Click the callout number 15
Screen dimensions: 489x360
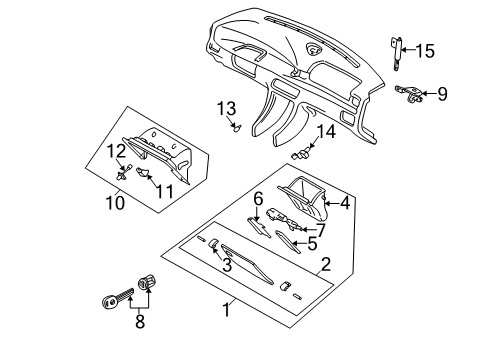tap(425, 51)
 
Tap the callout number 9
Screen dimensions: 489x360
tap(442, 94)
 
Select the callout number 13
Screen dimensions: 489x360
tap(226, 108)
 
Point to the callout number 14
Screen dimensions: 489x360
tap(326, 132)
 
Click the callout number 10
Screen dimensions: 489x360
tap(115, 202)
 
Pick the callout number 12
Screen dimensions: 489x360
tap(116, 151)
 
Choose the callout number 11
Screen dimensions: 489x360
tap(165, 191)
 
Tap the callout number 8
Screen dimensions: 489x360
tap(140, 321)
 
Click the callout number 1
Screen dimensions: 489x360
tap(227, 310)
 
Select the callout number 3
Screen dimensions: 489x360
tap(227, 265)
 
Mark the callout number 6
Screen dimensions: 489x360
tap(258, 199)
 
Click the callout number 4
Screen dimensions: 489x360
tap(345, 203)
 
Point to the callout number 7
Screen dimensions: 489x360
tap(320, 230)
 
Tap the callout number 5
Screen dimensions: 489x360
tap(312, 244)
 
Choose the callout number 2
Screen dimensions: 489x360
tap(326, 264)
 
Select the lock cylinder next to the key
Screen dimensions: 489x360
tap(147, 282)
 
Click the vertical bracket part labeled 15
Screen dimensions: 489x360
tap(396, 53)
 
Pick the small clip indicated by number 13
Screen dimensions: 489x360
tap(237, 127)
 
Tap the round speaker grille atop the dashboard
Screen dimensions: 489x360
tap(313, 49)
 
